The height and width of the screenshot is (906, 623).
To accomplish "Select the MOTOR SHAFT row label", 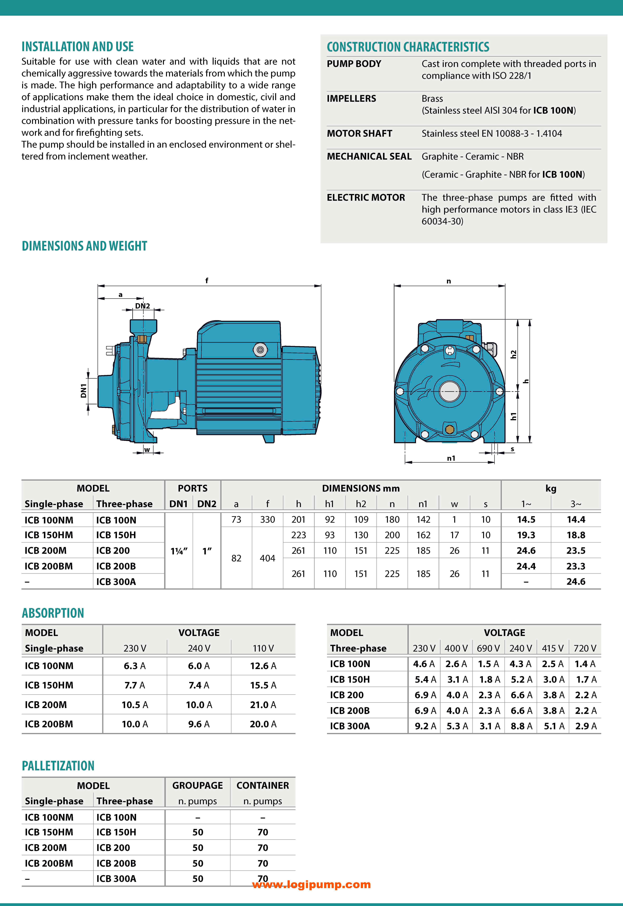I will click(359, 133).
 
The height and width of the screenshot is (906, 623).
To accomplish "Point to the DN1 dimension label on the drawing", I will click(83, 391).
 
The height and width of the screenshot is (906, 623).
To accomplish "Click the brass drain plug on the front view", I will click(449, 430).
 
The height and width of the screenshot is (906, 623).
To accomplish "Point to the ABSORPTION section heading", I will click(53, 613).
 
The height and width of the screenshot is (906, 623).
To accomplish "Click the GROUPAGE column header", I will click(198, 785).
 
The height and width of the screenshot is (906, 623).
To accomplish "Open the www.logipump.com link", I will click(311, 885).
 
